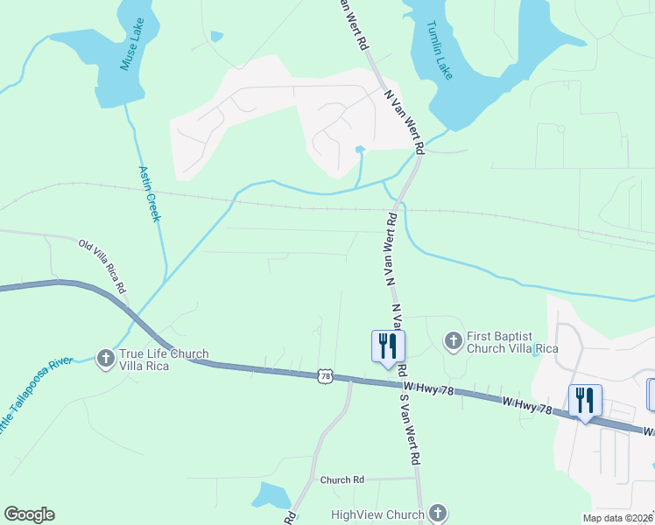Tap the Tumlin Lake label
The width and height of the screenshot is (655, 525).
click(440, 50)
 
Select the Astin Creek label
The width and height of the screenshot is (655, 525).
click(150, 193)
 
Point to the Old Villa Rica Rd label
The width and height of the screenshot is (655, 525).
click(102, 266)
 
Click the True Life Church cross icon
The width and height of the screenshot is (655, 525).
click(105, 358)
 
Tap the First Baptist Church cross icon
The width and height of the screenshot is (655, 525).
click(453, 339)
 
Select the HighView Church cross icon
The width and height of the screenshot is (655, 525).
click(439, 514)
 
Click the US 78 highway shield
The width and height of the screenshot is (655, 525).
click(326, 376)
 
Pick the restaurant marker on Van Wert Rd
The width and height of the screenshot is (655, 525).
click(388, 346)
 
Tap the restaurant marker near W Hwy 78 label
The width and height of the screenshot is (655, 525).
click(585, 400)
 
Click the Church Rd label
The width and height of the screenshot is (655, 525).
click(342, 479)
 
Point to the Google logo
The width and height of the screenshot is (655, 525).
click(29, 514)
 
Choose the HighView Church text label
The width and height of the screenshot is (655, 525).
click(377, 514)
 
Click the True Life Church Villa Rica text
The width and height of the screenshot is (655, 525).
click(164, 360)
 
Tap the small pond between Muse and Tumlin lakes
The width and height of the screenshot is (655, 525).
click(216, 36)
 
